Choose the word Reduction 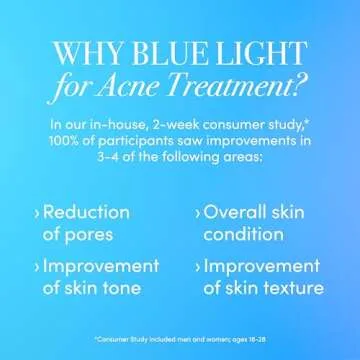click(x=89, y=212)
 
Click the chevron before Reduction click(x=38, y=213)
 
